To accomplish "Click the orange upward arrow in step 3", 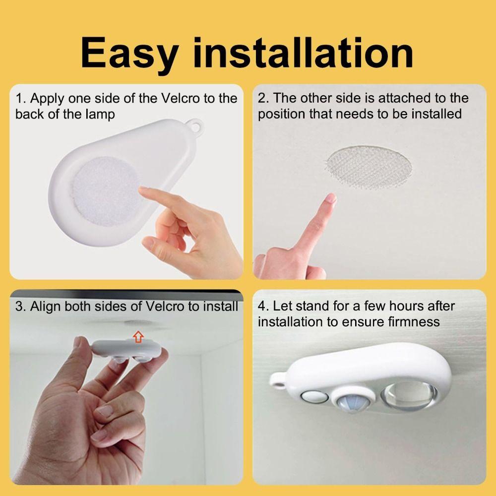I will pyautogui.click(x=139, y=337).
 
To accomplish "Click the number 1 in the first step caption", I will pyautogui.click(x=18, y=98).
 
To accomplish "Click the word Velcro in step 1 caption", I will pyautogui.click(x=182, y=98).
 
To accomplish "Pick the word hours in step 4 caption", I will pyautogui.click(x=400, y=306).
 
